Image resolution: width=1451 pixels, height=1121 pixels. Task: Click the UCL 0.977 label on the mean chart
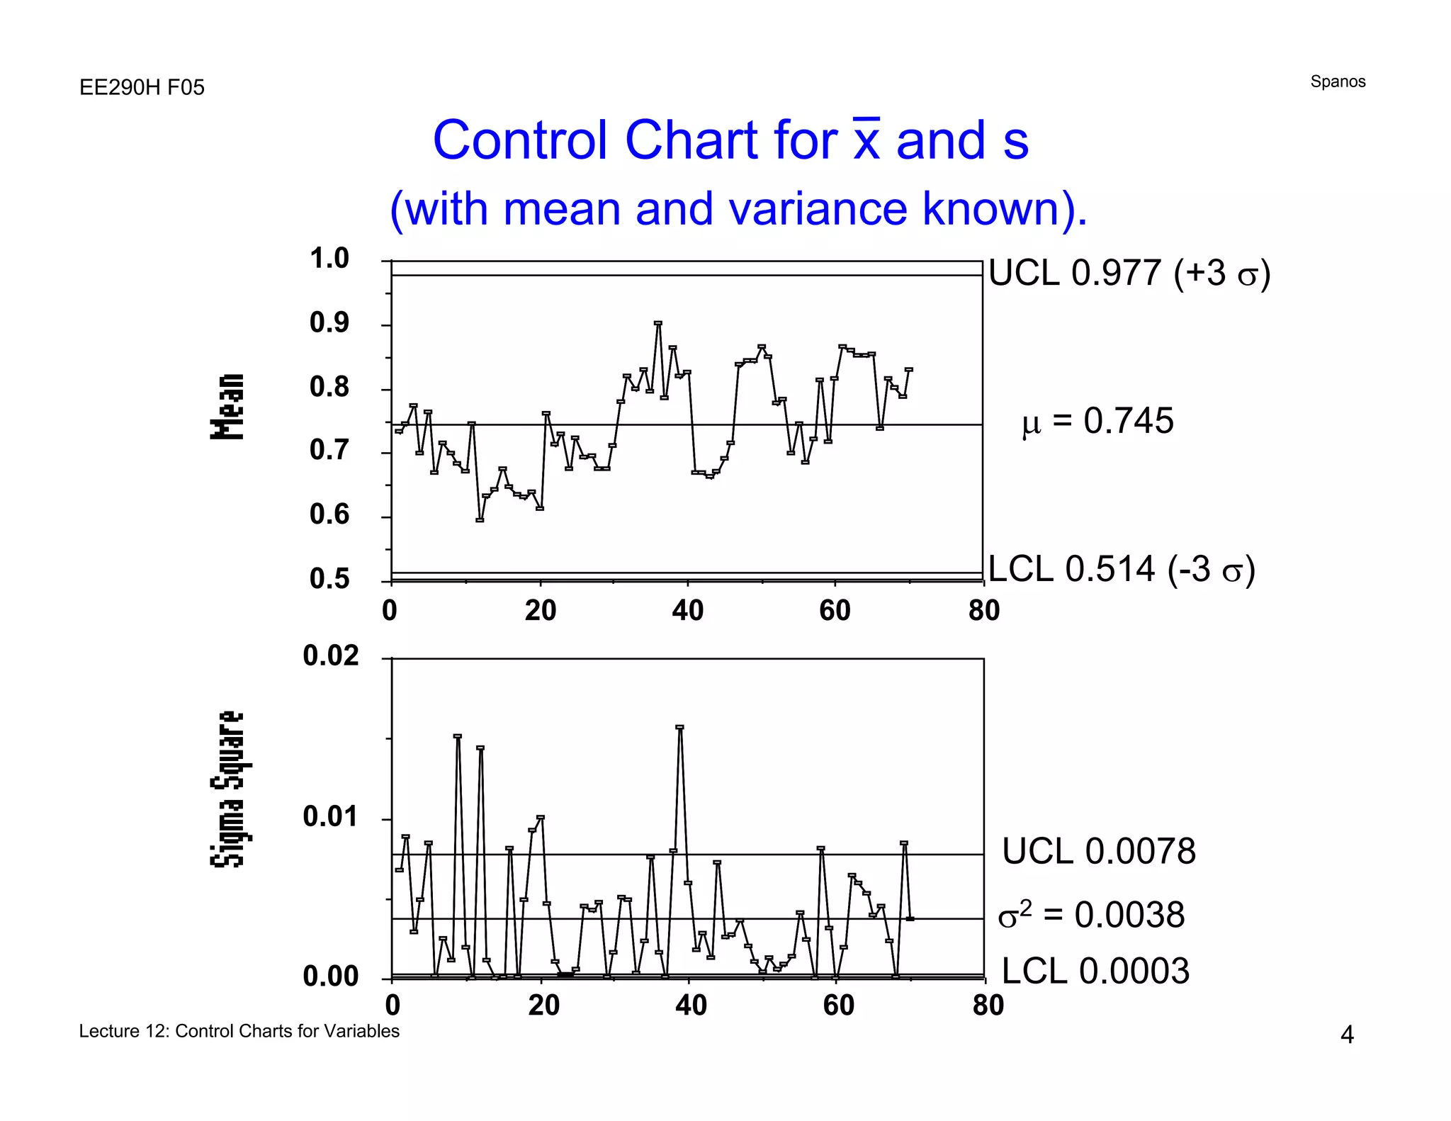point(1129,274)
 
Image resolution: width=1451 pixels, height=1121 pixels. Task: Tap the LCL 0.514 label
point(1121,570)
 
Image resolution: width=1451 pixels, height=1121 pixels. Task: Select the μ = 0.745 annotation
point(1097,421)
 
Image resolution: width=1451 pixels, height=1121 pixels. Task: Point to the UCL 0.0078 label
point(1098,851)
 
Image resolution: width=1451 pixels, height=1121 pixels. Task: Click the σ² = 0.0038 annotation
point(1091,915)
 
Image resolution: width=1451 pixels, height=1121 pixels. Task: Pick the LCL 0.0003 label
point(1095,971)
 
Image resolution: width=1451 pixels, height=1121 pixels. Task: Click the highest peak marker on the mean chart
point(658,323)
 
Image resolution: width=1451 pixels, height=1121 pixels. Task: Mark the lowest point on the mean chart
point(480,520)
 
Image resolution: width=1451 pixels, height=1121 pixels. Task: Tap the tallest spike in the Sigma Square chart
point(680,727)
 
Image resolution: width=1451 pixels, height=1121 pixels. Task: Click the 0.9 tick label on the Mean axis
point(329,323)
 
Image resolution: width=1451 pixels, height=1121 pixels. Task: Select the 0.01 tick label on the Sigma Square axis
point(330,817)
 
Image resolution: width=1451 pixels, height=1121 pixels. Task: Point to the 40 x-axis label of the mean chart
point(687,611)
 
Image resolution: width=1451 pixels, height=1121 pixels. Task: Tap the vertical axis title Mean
point(227,406)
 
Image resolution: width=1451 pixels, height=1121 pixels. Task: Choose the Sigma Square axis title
point(227,789)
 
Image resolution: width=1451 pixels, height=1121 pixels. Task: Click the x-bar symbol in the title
point(866,140)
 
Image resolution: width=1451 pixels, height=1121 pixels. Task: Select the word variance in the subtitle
point(817,209)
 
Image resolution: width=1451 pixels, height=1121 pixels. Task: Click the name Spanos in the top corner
point(1337,81)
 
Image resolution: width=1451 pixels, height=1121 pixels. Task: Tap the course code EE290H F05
point(142,87)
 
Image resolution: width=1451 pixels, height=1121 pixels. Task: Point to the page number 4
point(1346,1035)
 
